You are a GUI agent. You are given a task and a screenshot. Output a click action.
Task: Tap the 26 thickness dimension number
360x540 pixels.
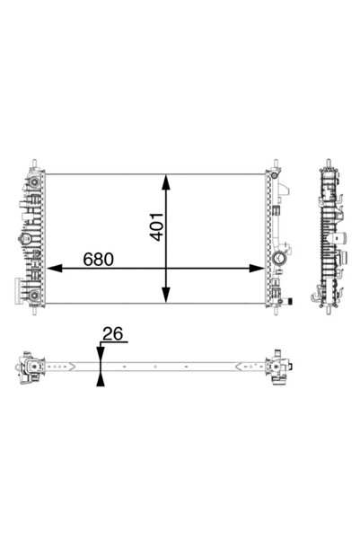[113, 335]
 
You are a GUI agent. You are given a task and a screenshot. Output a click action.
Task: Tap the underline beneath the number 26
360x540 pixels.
[115, 344]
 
